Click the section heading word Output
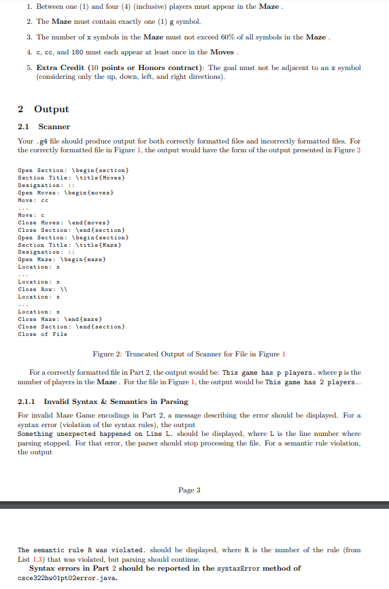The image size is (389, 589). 51,110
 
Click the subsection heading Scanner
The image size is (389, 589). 54,127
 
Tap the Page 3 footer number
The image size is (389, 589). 190,490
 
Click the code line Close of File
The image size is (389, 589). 42,334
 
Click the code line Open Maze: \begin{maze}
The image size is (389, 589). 61,259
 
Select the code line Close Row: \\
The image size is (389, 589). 46,289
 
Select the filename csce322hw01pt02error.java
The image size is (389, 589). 67,577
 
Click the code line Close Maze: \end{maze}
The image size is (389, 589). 59,319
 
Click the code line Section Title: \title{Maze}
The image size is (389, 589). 68,244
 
